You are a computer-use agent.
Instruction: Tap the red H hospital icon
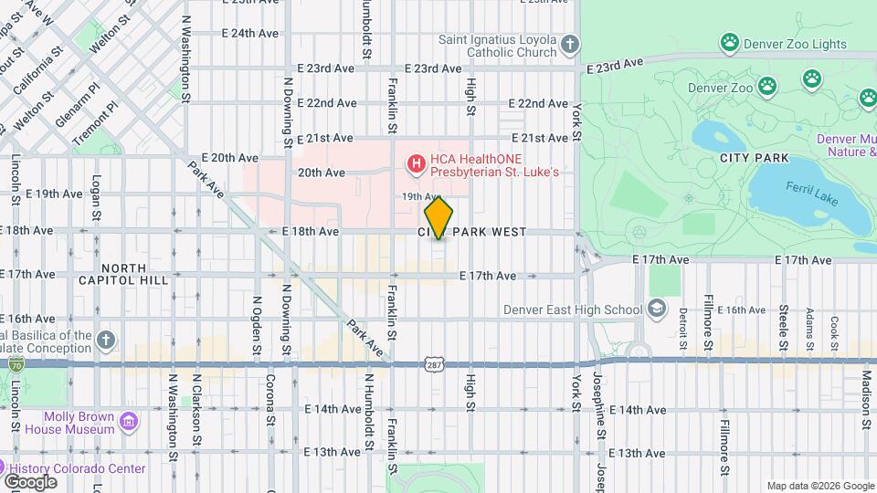pos(416,164)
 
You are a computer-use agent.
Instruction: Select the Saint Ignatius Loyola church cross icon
pos(569,45)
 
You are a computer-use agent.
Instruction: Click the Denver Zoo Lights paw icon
pos(729,41)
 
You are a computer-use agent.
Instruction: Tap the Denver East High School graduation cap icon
pos(657,309)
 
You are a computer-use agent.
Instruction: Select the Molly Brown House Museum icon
pos(129,422)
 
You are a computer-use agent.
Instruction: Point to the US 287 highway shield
pos(433,364)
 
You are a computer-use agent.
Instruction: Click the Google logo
pos(30,481)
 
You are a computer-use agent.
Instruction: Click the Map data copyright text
pos(819,486)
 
